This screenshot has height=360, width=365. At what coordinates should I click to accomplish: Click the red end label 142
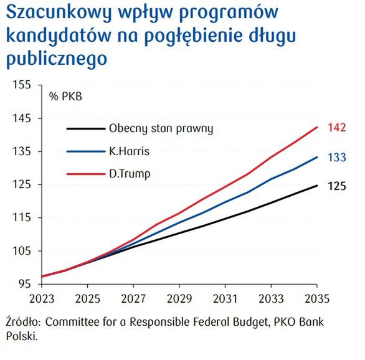(x=337, y=128)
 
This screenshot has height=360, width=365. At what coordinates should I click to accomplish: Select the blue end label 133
(x=337, y=158)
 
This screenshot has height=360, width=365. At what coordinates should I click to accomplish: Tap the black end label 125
(x=337, y=186)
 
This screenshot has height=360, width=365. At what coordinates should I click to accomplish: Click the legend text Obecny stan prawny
(x=161, y=129)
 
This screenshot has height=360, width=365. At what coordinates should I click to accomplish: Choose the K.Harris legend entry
(x=129, y=151)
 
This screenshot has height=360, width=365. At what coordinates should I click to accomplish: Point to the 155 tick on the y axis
(x=22, y=85)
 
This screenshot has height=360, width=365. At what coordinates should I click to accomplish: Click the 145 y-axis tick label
(x=22, y=118)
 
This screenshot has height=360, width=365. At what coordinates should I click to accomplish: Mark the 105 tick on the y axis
(x=22, y=251)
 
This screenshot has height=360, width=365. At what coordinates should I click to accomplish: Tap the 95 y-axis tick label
(x=24, y=284)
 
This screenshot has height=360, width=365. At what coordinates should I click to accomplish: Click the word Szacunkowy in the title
(x=52, y=14)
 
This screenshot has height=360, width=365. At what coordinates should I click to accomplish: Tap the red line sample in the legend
(x=85, y=173)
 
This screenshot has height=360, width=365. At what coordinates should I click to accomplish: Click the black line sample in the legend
(x=85, y=129)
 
